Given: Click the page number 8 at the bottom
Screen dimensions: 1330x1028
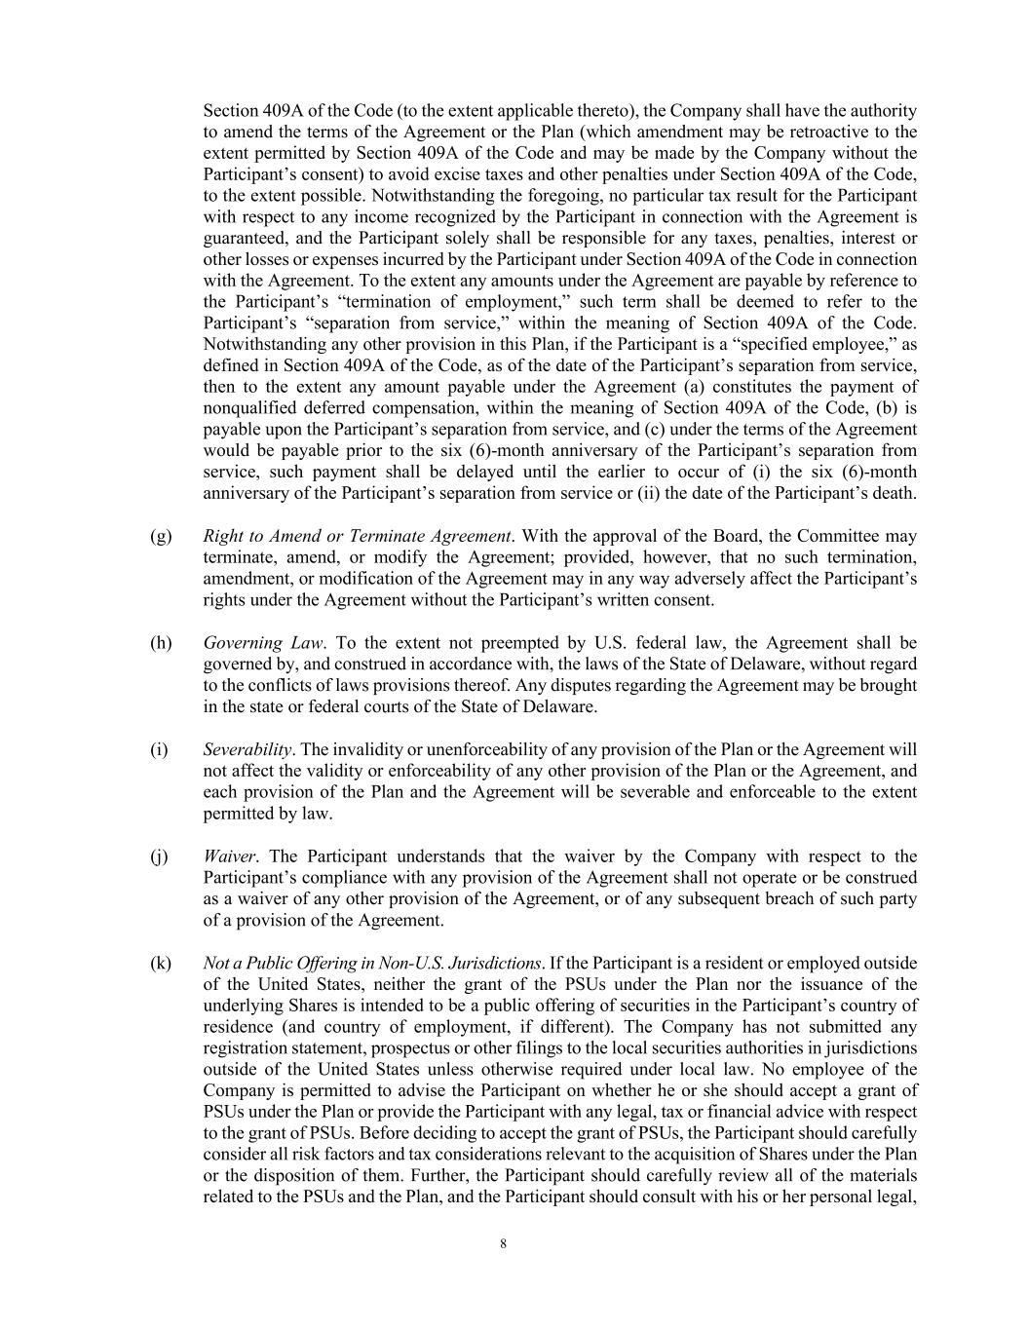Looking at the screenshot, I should coord(503,1243).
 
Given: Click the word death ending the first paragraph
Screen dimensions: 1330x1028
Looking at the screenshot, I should coord(892,493).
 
